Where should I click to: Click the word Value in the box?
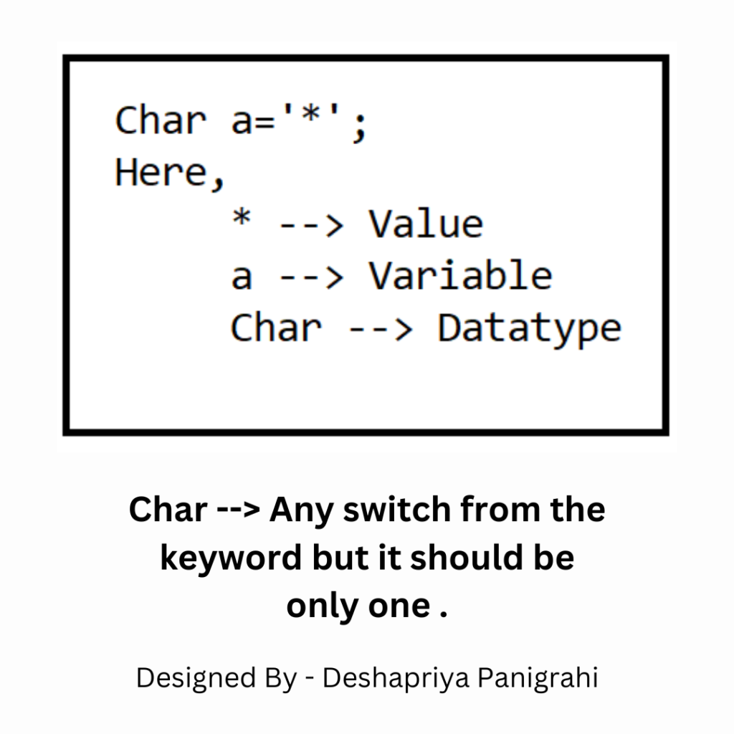tap(426, 224)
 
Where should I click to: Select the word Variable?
tap(461, 275)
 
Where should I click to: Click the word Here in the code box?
tap(161, 172)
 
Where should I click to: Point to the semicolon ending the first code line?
tap(359, 126)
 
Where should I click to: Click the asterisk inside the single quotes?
tap(311, 114)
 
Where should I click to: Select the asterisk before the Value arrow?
tap(242, 217)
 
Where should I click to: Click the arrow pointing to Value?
tap(311, 227)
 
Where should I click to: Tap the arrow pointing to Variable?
tap(311, 278)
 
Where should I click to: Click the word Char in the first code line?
tap(161, 120)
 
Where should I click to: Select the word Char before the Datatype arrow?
tap(276, 327)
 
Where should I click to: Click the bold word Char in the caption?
tap(168, 510)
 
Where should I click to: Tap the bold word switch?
tap(397, 510)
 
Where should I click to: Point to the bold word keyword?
tap(231, 558)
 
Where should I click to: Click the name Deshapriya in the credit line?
tap(396, 678)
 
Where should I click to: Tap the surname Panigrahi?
tap(538, 678)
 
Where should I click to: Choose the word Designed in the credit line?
tap(196, 678)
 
